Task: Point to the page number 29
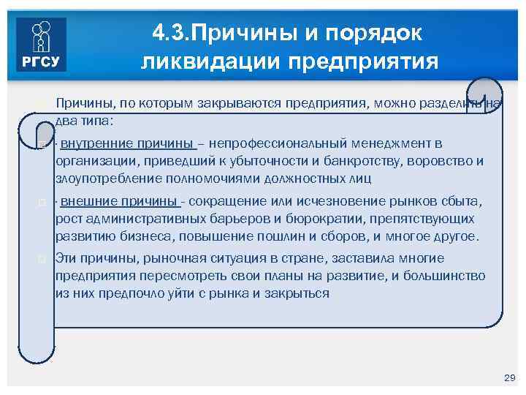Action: (x=510, y=377)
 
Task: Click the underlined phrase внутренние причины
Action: (x=126, y=143)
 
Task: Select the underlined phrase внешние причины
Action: (x=120, y=201)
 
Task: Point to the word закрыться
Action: (x=299, y=293)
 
